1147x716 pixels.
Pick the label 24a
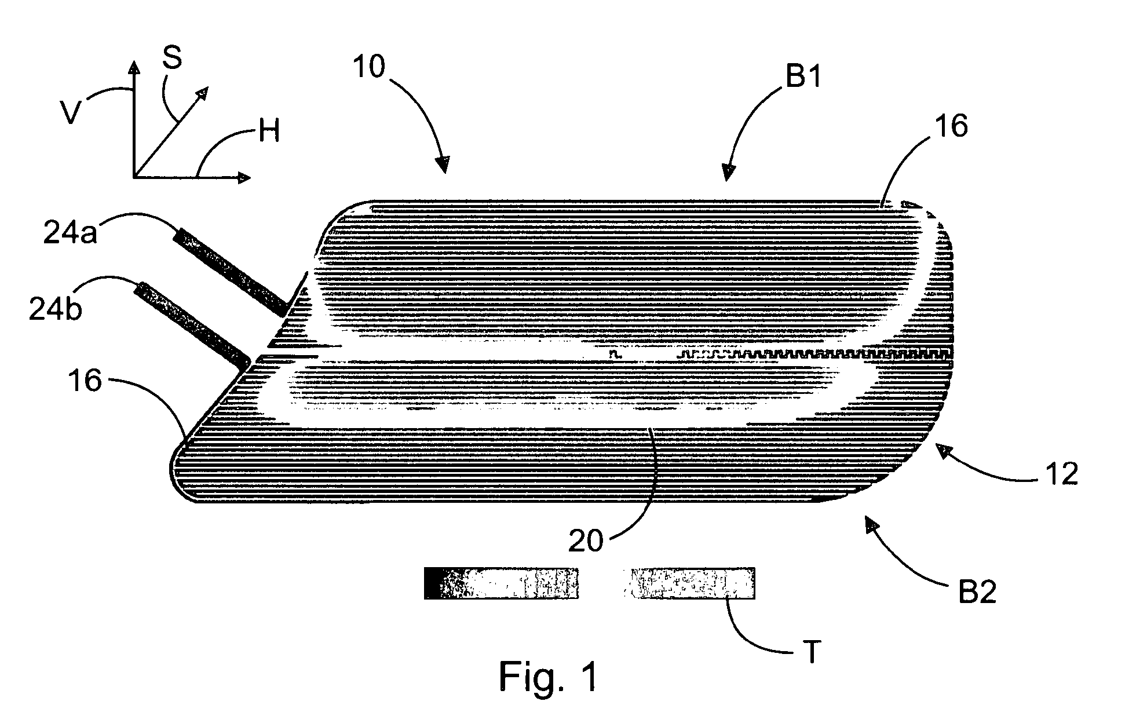point(70,233)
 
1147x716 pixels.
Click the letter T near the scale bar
point(812,652)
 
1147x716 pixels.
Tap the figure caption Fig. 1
point(548,677)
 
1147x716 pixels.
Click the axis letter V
point(71,112)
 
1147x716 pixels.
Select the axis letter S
point(172,58)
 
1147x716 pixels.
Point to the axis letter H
point(269,131)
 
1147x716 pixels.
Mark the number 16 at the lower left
point(85,382)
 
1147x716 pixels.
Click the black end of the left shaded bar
point(432,583)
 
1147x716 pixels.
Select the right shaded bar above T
point(688,583)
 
